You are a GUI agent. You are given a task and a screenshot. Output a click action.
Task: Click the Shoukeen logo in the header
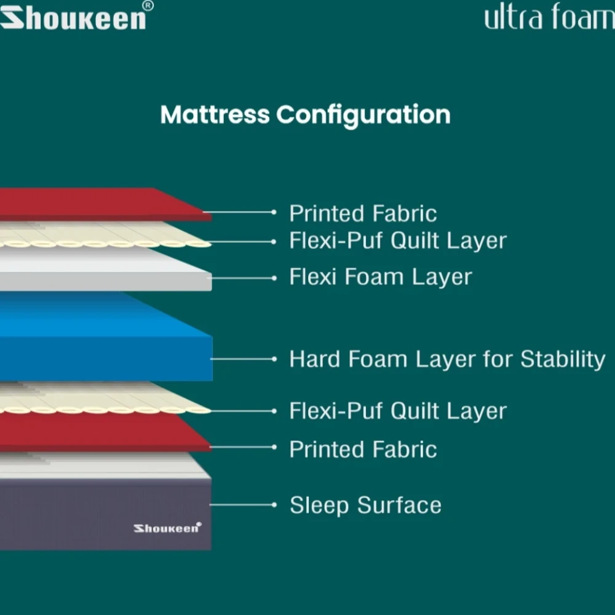(x=73, y=18)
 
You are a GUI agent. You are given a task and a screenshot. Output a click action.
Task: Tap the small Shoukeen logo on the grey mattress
(x=167, y=528)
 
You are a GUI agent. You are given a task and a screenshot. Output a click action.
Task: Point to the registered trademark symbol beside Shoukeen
(x=148, y=6)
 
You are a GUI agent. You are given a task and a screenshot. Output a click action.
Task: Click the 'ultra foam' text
(x=549, y=17)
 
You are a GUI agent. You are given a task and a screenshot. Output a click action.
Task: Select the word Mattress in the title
(x=215, y=115)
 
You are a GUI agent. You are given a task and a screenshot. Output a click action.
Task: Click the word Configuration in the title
(x=363, y=115)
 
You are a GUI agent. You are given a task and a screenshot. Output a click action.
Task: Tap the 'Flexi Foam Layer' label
(x=380, y=277)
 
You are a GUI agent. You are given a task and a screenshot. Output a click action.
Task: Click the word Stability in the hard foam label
(x=562, y=359)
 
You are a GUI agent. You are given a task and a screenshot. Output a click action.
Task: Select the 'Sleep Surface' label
(x=365, y=506)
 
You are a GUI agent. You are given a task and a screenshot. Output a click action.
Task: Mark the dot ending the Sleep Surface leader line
(x=274, y=505)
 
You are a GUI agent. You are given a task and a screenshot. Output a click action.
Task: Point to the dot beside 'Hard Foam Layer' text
(x=274, y=359)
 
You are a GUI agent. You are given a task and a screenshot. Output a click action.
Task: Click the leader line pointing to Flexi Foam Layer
(x=243, y=278)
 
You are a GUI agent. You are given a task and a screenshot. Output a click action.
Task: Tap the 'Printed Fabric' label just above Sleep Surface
(x=363, y=450)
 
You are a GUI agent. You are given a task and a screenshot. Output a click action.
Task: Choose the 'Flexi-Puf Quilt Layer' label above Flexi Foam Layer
(x=397, y=240)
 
